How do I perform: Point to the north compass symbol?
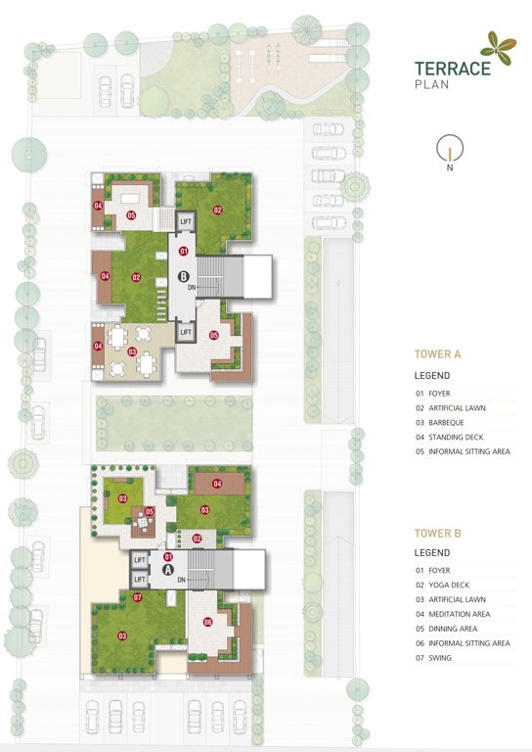click(449, 150)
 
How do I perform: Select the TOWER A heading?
click(437, 354)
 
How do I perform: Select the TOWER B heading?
click(437, 534)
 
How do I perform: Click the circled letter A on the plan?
click(167, 569)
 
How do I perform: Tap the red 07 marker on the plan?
click(138, 596)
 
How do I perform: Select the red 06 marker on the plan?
click(207, 621)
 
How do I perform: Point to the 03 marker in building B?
click(132, 351)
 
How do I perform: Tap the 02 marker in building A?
click(197, 539)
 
